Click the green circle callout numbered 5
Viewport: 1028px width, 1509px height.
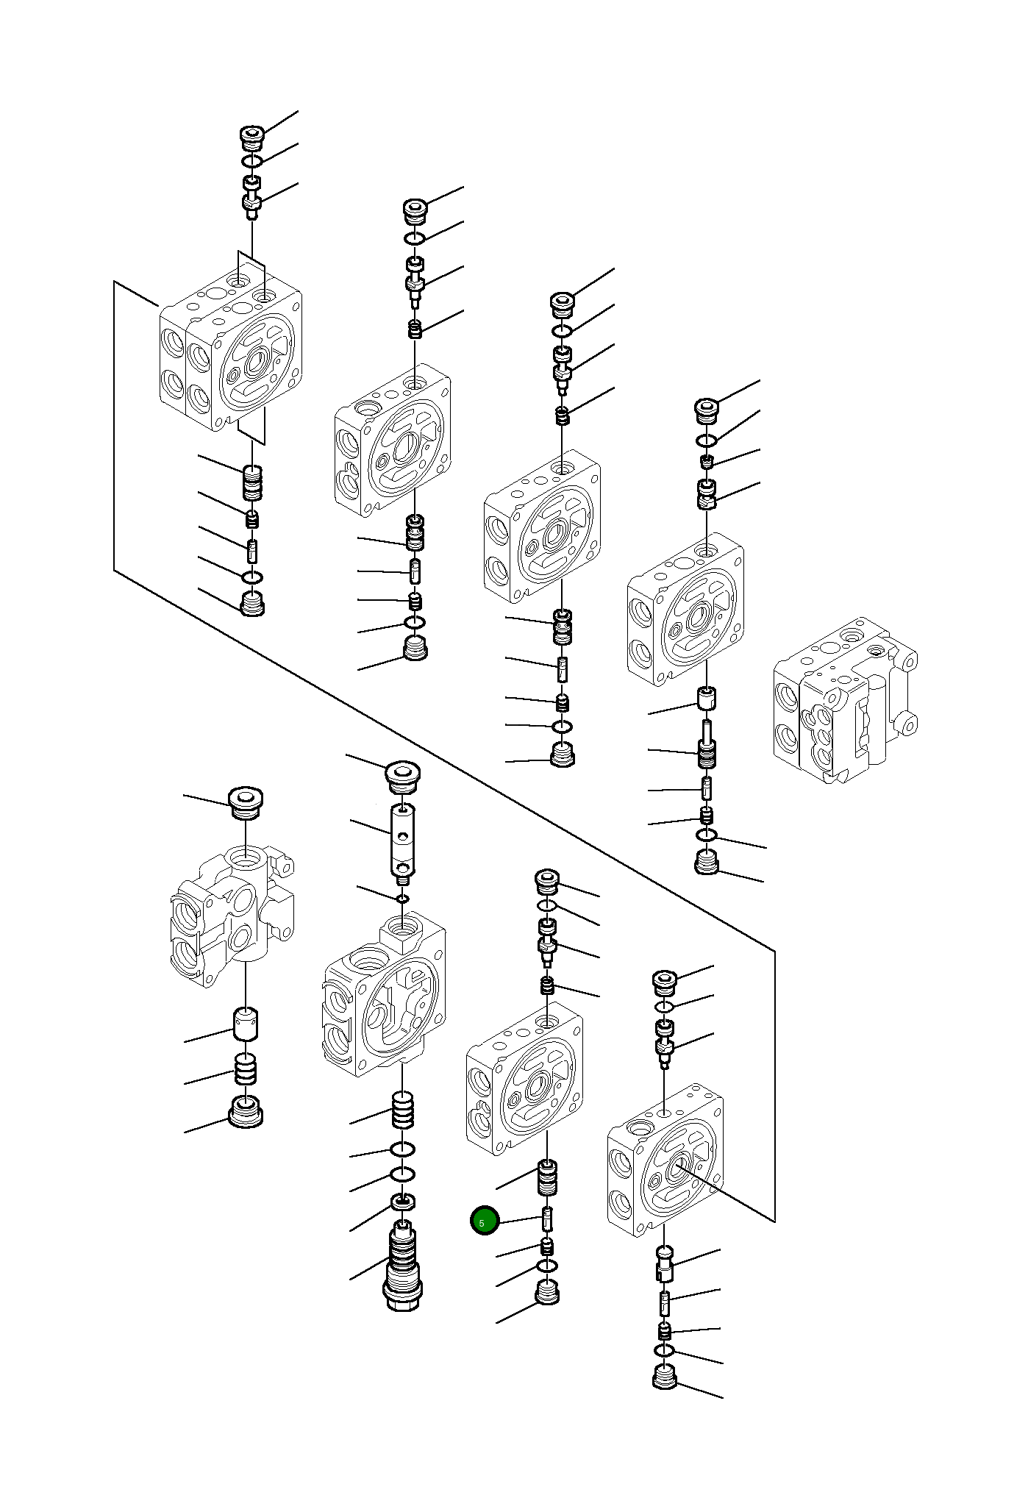coord(485,1221)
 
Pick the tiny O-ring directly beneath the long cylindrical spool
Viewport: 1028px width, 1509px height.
coord(402,899)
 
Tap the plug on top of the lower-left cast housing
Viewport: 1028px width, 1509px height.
coord(246,803)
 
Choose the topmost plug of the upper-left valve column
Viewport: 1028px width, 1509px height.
coord(252,138)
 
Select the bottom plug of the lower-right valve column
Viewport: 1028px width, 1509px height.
coord(664,1376)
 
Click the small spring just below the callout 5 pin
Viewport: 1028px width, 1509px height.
coord(547,1246)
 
